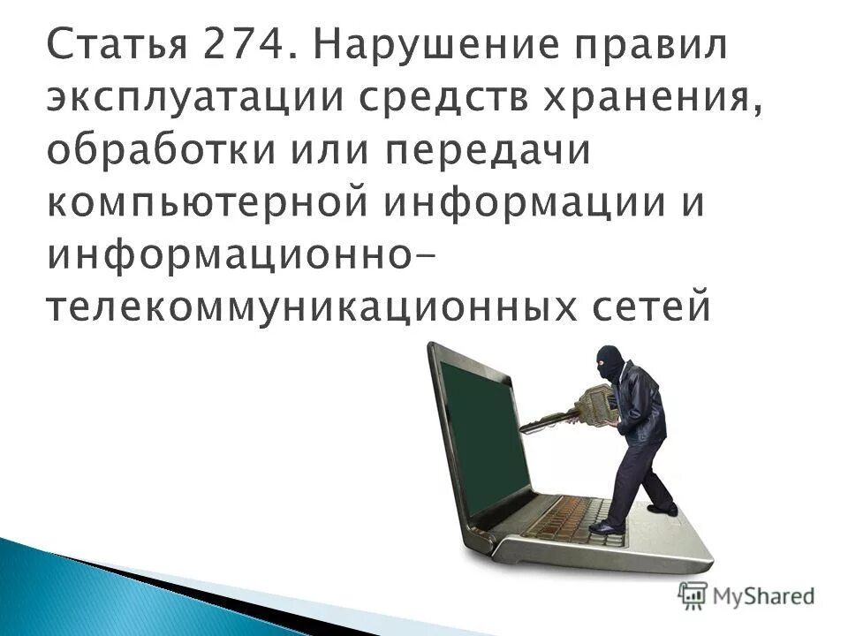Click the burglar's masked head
pos(609,361)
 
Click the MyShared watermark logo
pos(747,596)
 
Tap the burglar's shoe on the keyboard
pos(606,527)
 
